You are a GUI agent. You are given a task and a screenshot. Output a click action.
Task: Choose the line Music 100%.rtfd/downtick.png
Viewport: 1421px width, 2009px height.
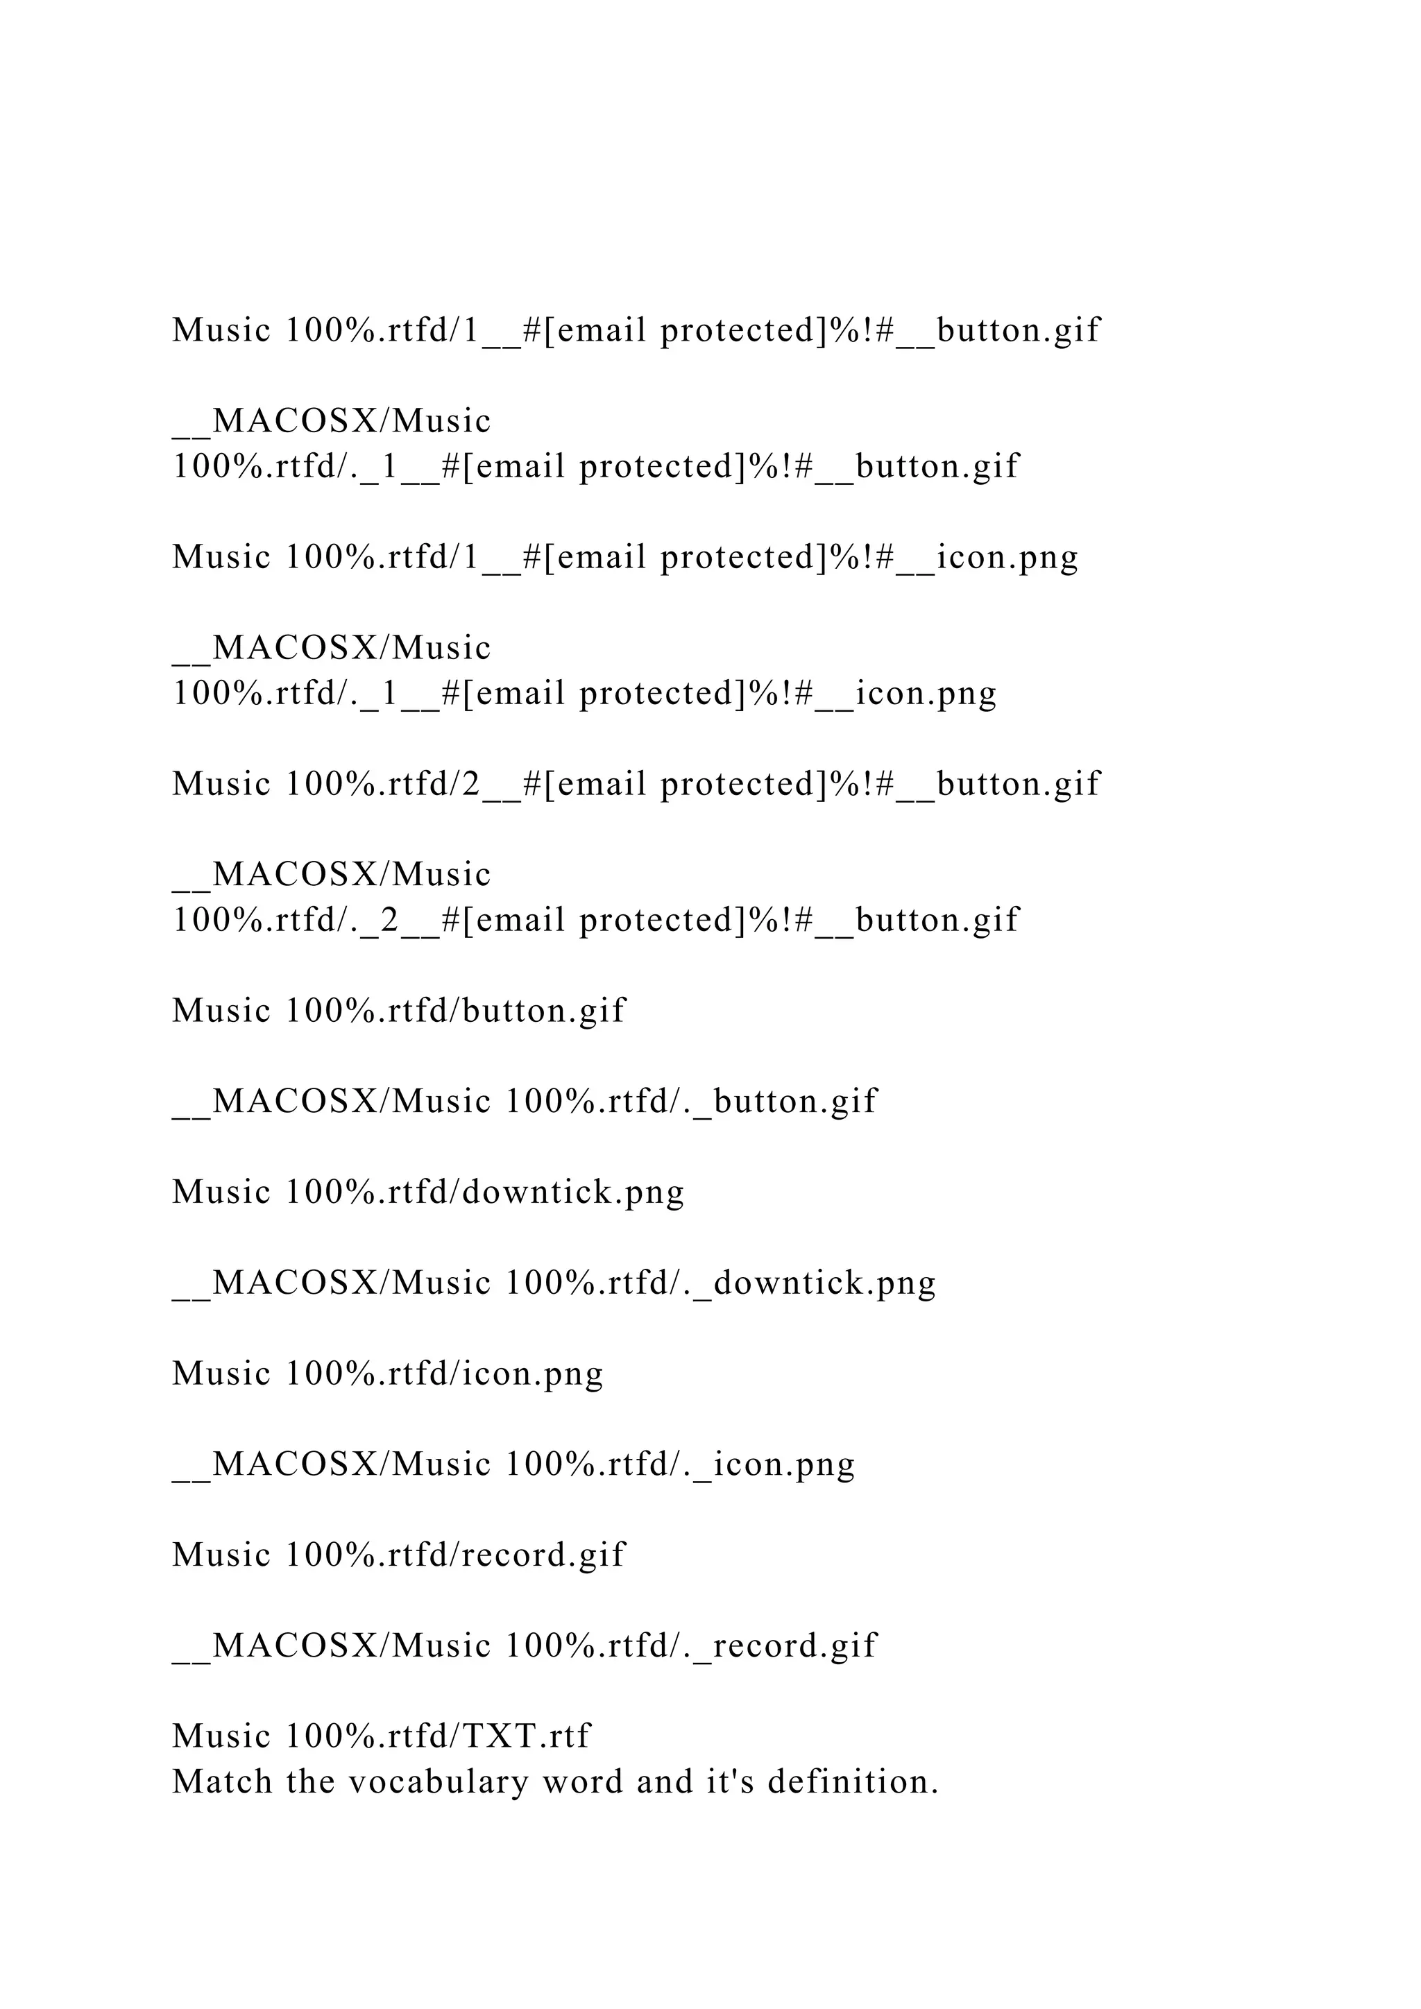[x=428, y=1192]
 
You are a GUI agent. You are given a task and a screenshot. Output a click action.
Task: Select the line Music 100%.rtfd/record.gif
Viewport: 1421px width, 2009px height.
[x=399, y=1555]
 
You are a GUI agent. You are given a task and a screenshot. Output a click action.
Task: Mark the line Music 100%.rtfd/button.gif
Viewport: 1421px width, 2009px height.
[x=399, y=1011]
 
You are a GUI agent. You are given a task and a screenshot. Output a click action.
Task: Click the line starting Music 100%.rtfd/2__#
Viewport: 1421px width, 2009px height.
[x=636, y=784]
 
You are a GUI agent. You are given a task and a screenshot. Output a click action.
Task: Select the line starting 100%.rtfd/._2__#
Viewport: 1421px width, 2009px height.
[x=596, y=920]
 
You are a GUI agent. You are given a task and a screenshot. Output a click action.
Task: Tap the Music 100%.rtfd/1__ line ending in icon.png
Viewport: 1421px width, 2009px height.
[x=624, y=557]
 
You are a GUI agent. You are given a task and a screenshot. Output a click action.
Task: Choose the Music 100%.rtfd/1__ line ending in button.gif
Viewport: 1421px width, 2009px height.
[x=636, y=331]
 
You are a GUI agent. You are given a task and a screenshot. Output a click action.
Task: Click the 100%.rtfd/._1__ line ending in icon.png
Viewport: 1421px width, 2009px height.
[x=584, y=693]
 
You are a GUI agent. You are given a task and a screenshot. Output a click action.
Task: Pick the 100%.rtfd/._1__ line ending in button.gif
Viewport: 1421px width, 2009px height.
[x=596, y=466]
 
